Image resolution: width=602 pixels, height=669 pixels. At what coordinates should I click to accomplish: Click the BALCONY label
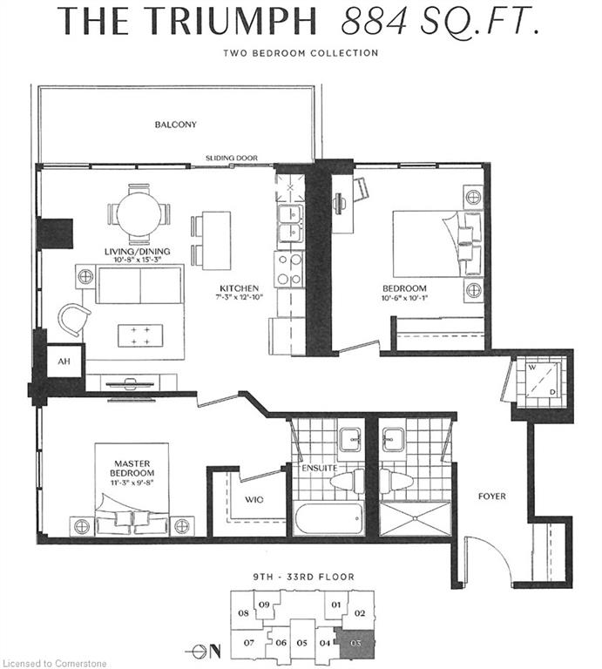[x=175, y=125]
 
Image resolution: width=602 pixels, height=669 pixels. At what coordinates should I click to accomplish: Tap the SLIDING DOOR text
[x=232, y=158]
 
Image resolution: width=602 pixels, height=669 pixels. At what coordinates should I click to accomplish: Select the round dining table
[x=139, y=213]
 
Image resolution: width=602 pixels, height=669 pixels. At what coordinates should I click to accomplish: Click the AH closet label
[x=64, y=362]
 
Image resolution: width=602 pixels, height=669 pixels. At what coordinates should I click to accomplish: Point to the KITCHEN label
[x=239, y=288]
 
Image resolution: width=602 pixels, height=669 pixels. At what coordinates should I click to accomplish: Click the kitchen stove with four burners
[x=289, y=269]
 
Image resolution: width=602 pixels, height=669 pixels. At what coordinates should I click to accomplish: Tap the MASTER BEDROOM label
[x=132, y=468]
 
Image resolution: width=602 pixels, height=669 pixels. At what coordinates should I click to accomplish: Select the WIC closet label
[x=254, y=499]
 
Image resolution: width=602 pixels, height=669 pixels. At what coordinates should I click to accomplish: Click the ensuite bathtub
[x=329, y=518]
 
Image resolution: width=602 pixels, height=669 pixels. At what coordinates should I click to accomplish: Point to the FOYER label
[x=492, y=497]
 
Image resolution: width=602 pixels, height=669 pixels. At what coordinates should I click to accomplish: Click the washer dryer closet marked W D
[x=540, y=381]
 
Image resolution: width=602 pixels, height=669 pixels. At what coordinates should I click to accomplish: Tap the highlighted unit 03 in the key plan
[x=355, y=643]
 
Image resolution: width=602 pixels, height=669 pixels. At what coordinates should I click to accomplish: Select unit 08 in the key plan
[x=243, y=613]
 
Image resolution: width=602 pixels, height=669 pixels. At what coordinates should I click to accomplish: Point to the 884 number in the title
[x=374, y=21]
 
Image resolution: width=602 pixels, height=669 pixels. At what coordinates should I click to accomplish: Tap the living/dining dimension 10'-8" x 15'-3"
[x=137, y=260]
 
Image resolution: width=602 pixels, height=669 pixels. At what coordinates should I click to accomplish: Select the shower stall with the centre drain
[x=415, y=518]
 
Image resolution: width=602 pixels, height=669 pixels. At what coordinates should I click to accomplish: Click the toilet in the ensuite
[x=347, y=481]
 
